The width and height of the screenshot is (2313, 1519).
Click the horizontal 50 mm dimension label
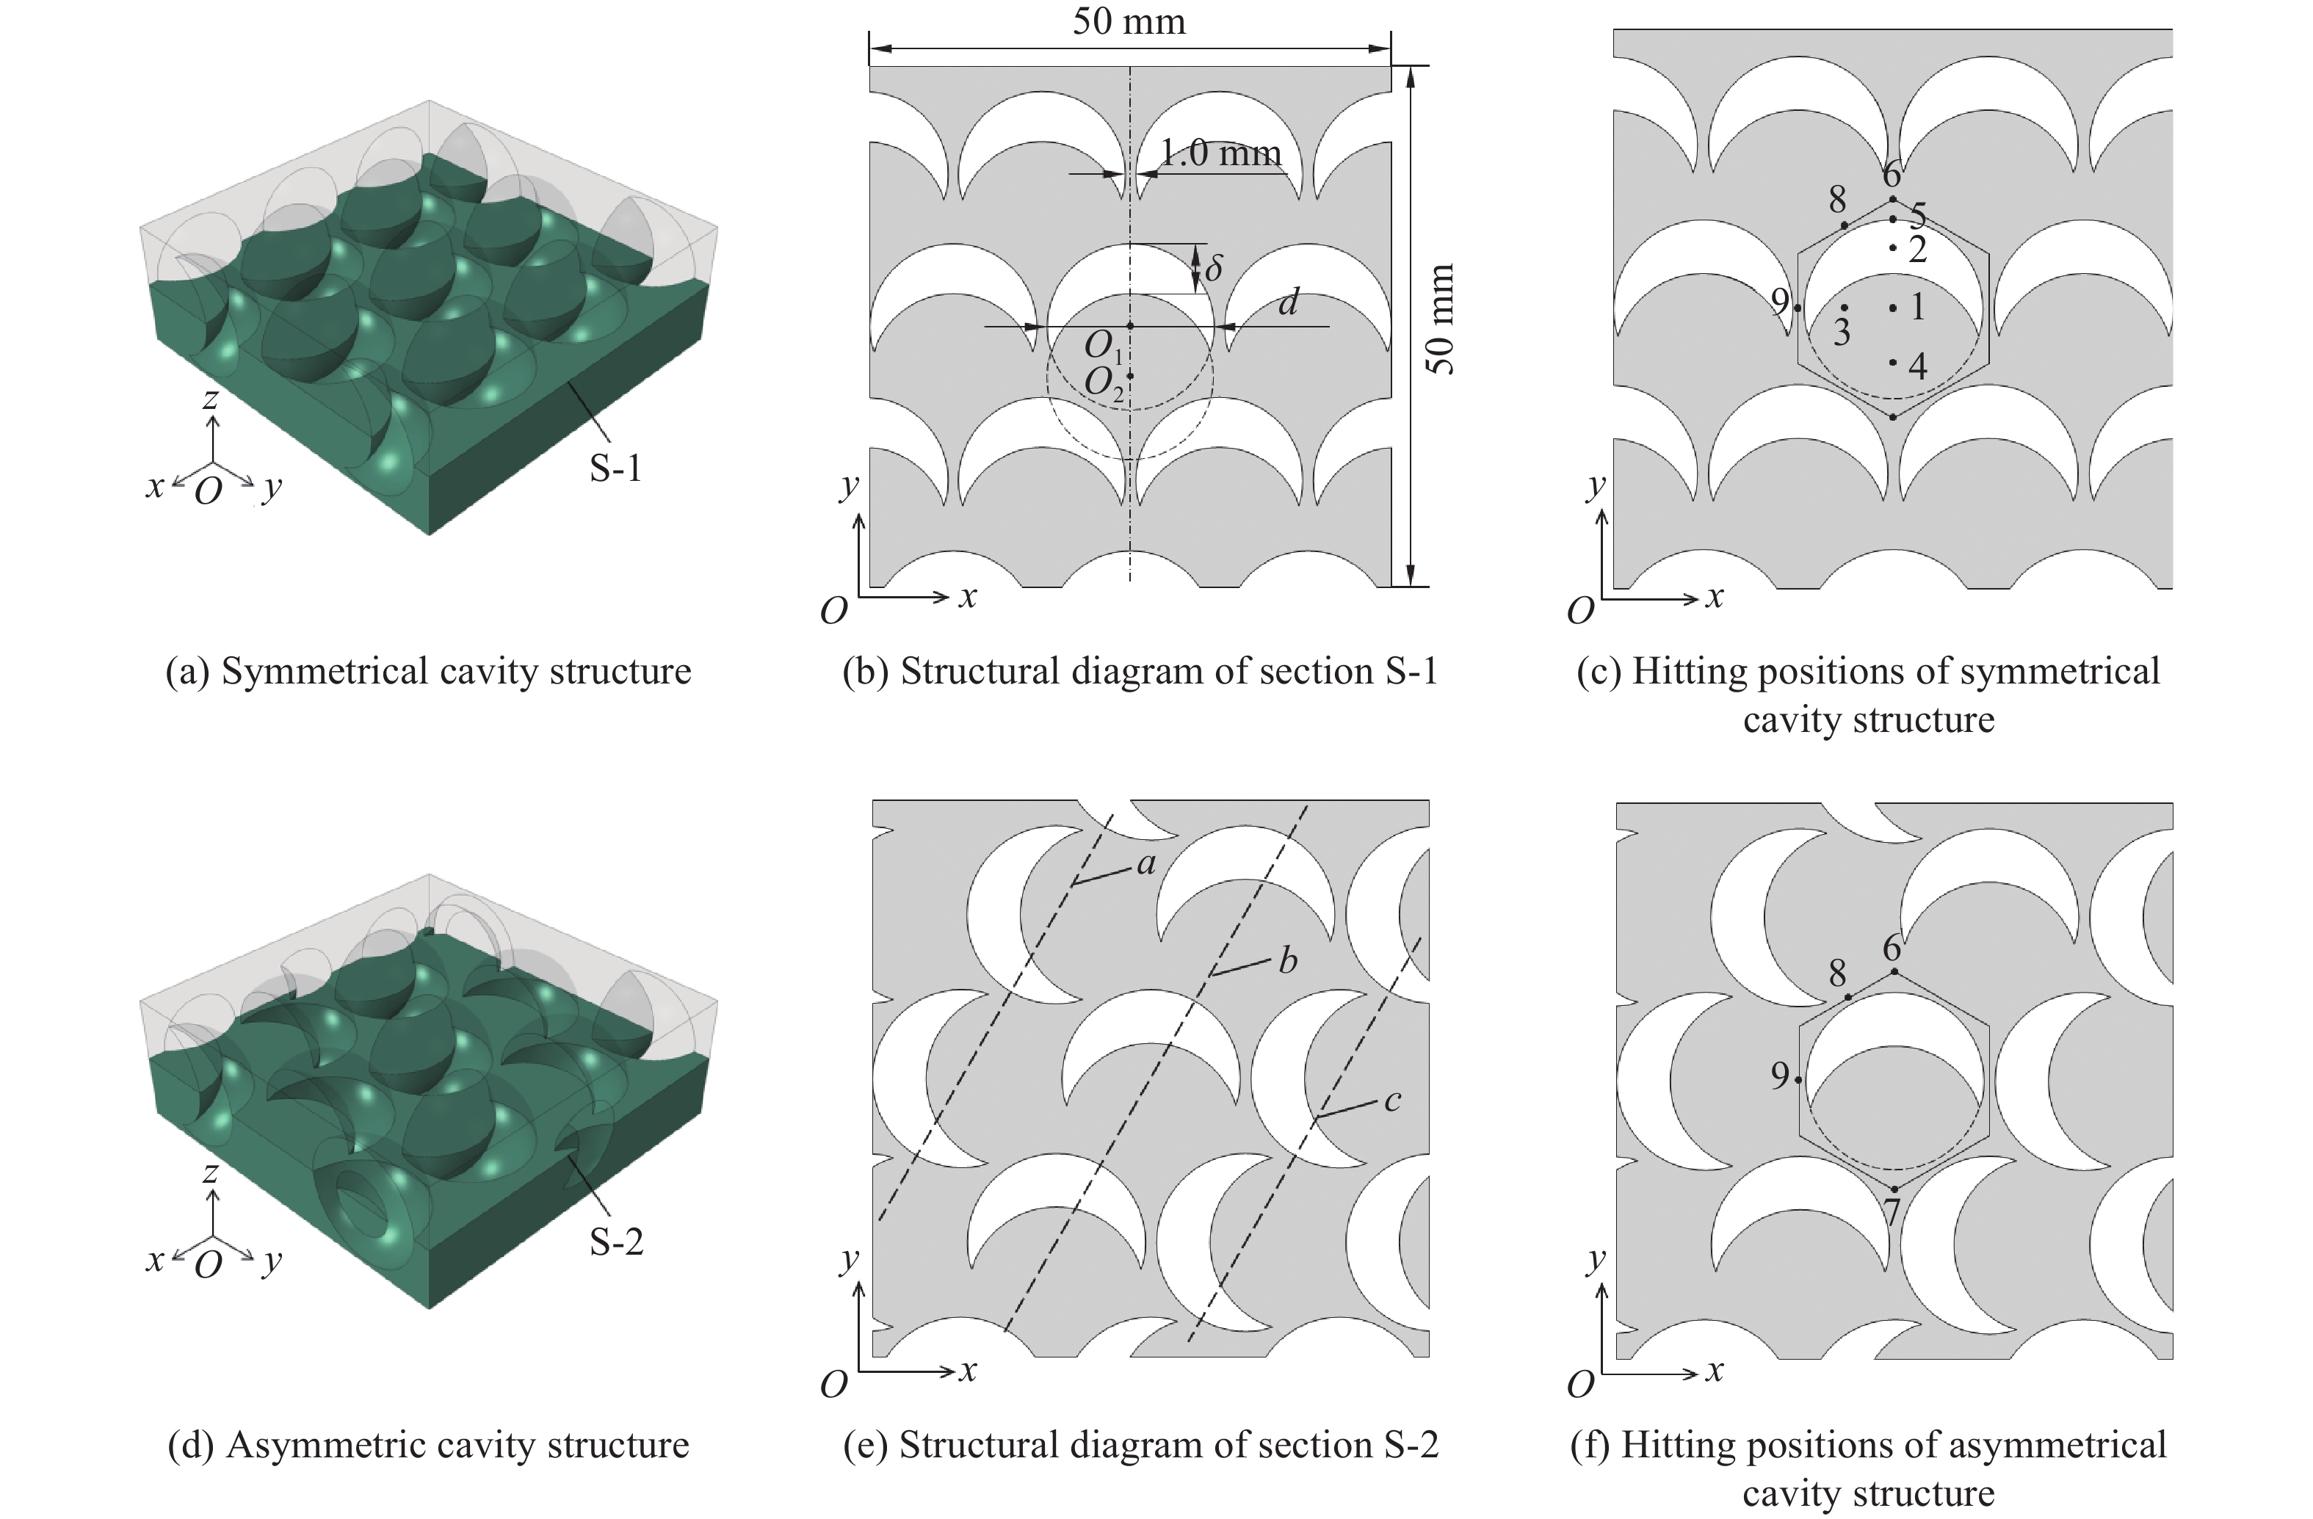pos(1129,21)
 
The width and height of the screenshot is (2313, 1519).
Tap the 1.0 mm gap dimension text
pos(1220,153)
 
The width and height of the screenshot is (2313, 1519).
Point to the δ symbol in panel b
pos(1214,267)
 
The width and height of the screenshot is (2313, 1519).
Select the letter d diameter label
pos(1289,302)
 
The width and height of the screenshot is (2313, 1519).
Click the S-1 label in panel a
pos(615,468)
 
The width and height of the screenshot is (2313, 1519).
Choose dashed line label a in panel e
pos(1147,863)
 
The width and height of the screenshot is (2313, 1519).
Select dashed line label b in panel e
pos(1288,960)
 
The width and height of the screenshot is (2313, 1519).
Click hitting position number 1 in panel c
pos(1917,307)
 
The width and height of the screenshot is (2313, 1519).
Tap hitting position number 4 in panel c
pos(1917,366)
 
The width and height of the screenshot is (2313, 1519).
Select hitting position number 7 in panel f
pos(1892,1213)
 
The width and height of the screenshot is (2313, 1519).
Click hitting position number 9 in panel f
pos(1779,1075)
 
